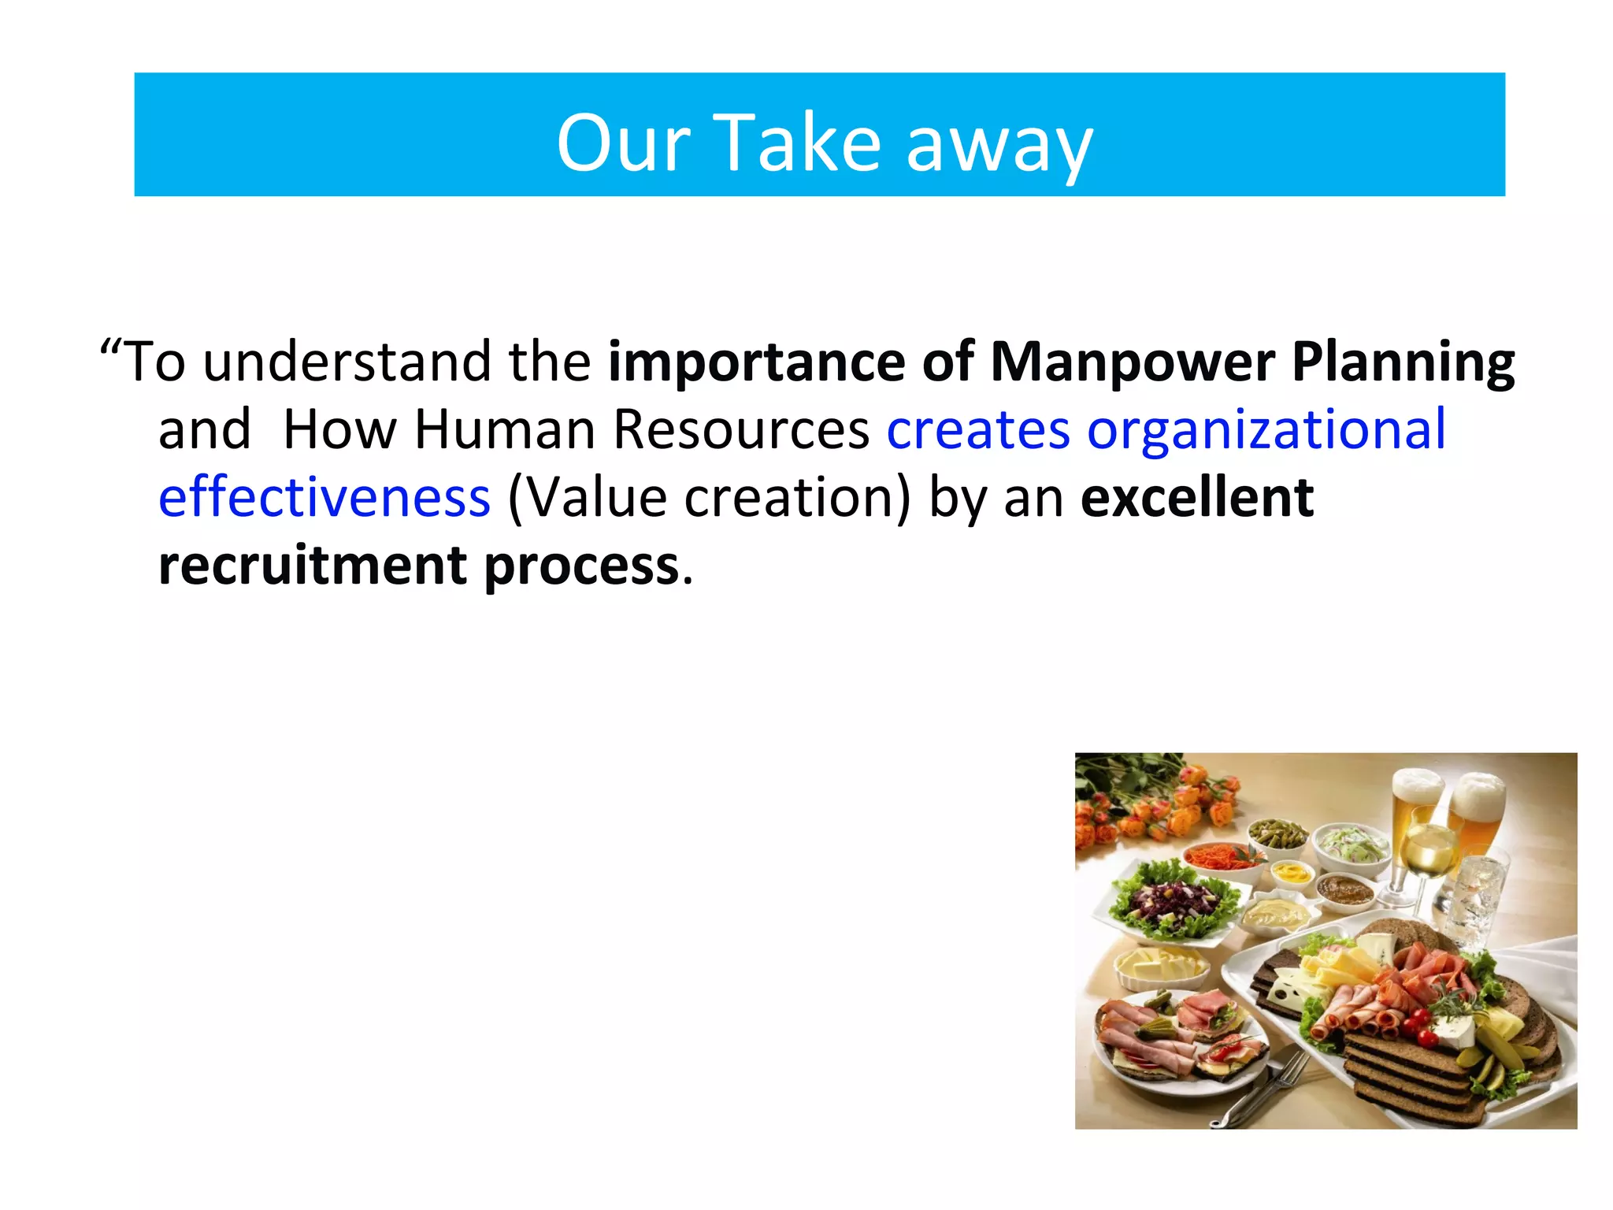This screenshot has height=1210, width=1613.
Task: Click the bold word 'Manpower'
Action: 1132,362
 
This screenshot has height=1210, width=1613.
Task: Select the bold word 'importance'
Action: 756,362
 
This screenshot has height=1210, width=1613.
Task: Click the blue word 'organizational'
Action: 1266,431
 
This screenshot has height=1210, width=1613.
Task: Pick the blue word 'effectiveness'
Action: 324,498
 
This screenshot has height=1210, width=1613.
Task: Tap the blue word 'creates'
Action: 978,431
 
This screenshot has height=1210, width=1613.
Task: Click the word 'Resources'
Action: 740,431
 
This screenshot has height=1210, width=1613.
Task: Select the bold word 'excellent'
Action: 1196,498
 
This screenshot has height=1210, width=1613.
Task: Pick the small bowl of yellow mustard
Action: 1289,873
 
